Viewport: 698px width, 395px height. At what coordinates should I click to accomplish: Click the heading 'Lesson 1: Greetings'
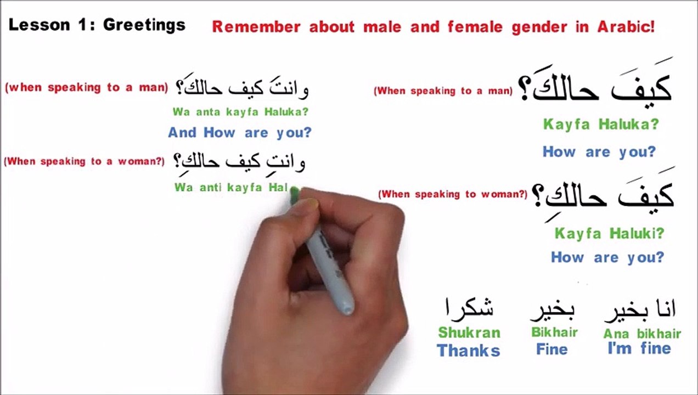click(x=97, y=25)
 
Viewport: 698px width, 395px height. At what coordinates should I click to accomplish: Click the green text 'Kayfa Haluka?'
click(x=600, y=125)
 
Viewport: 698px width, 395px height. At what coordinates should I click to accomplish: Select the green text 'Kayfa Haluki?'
click(x=609, y=234)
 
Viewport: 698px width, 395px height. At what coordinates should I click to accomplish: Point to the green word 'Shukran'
click(x=469, y=332)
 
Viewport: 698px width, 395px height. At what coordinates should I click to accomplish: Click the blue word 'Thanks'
click(x=468, y=351)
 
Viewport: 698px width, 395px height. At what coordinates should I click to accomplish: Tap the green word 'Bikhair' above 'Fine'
click(x=554, y=332)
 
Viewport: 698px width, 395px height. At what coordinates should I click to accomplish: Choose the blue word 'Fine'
click(x=551, y=349)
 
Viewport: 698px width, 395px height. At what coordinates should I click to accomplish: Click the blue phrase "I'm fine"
click(x=639, y=348)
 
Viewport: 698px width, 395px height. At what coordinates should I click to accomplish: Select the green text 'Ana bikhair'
click(x=642, y=334)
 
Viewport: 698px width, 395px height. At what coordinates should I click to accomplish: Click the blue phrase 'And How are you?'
click(x=239, y=133)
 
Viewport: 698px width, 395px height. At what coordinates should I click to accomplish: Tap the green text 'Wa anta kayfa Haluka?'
click(x=240, y=112)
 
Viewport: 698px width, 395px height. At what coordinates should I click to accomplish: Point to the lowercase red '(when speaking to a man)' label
click(x=86, y=88)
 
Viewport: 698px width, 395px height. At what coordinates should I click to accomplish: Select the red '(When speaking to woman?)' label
click(x=453, y=194)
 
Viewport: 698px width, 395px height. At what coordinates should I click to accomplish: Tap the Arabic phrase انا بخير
click(x=640, y=310)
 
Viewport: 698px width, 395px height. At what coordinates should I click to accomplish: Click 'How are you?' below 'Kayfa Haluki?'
click(x=607, y=257)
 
